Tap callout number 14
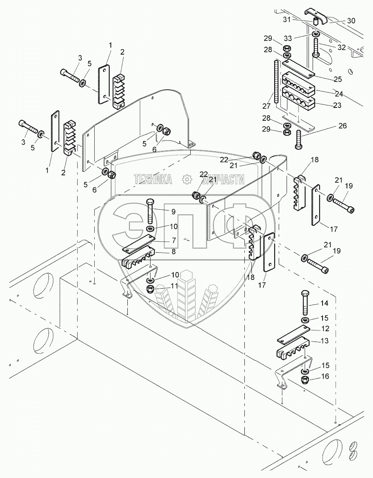click(325, 304)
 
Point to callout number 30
click(351, 20)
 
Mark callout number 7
click(173, 240)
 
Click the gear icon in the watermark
click(187, 179)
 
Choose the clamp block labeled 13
click(292, 347)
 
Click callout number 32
click(341, 48)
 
